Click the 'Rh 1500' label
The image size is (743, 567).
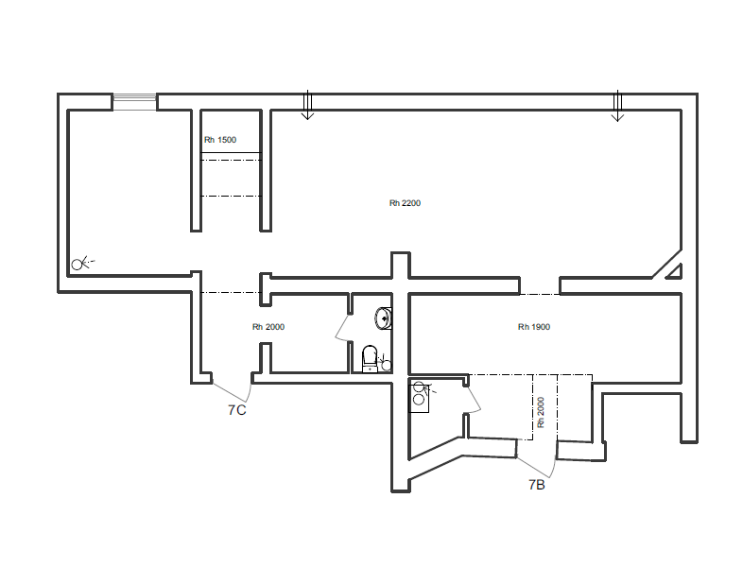tap(220, 140)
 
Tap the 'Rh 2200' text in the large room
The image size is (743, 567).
tap(405, 203)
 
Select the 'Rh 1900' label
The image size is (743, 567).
tap(534, 327)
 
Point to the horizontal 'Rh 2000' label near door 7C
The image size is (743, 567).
tap(268, 327)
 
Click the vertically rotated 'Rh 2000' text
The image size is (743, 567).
tap(541, 413)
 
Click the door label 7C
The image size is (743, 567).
tap(237, 410)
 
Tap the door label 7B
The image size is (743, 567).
tap(537, 485)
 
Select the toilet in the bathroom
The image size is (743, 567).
tap(370, 358)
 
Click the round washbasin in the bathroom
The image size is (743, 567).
tap(384, 318)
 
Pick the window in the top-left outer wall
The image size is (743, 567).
tap(134, 102)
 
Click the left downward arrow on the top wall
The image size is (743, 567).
tap(307, 105)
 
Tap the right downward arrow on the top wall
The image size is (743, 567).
tap(617, 106)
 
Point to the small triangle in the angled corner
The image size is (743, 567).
tap(675, 272)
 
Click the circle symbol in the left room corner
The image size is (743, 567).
tap(77, 265)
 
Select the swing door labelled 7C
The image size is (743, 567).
tap(232, 391)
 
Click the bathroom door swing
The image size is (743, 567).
tap(342, 327)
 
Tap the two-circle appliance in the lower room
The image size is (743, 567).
tap(419, 399)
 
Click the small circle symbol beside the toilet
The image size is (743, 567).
tap(387, 365)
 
